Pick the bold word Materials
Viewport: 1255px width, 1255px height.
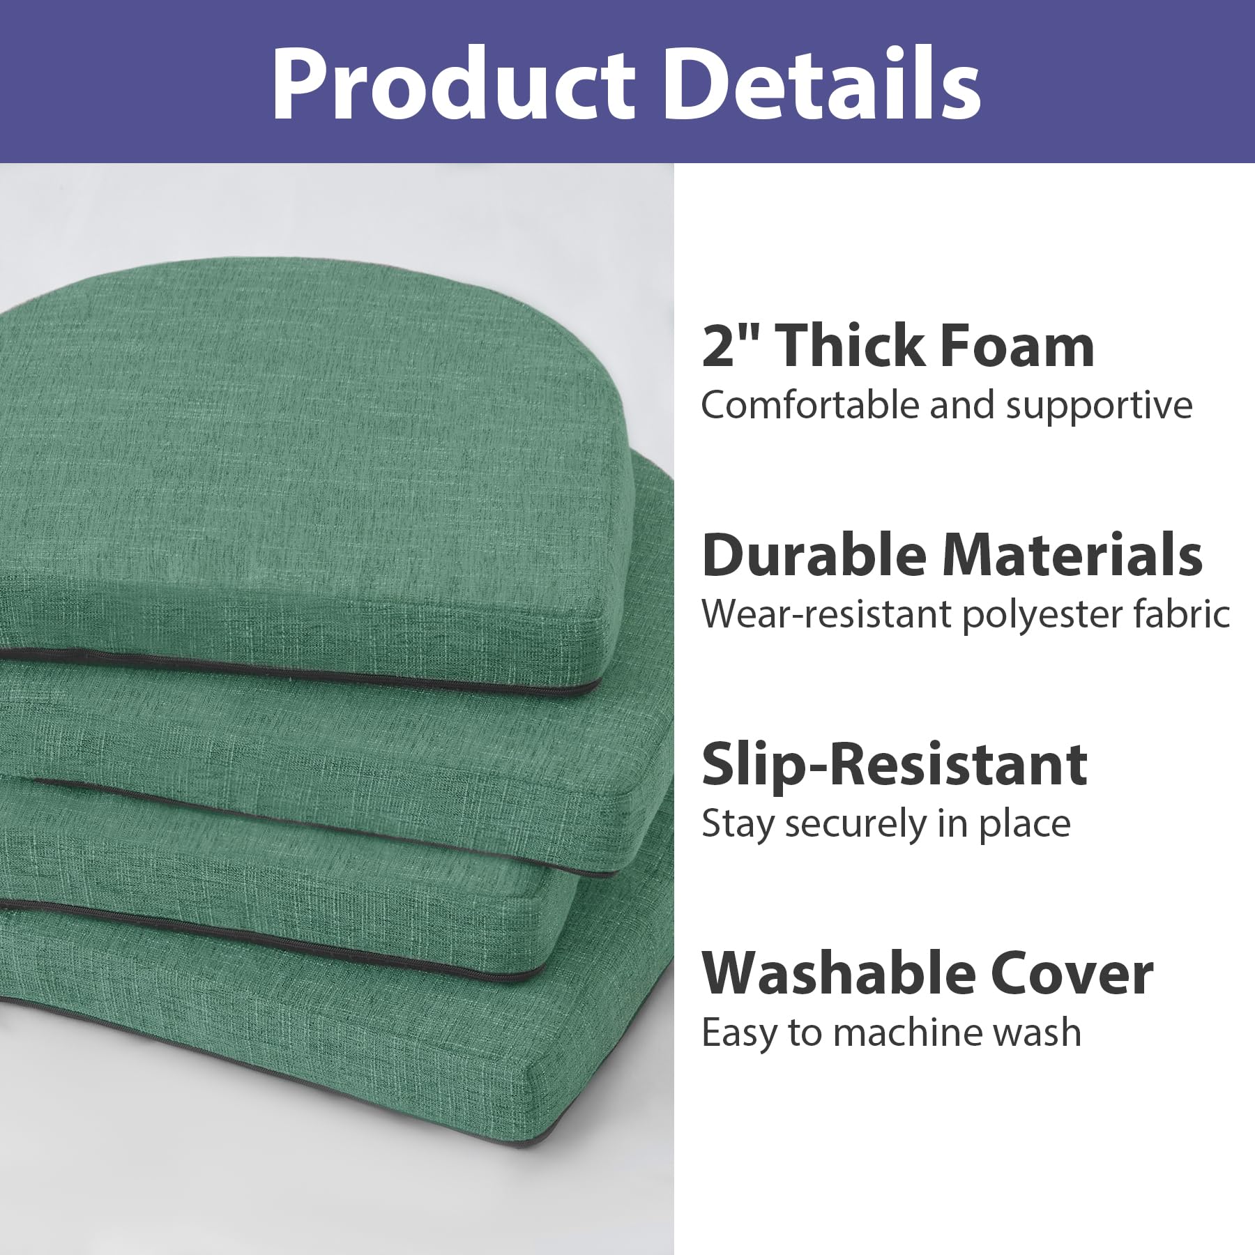(x=1072, y=555)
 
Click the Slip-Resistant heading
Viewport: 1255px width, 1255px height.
(x=895, y=766)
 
